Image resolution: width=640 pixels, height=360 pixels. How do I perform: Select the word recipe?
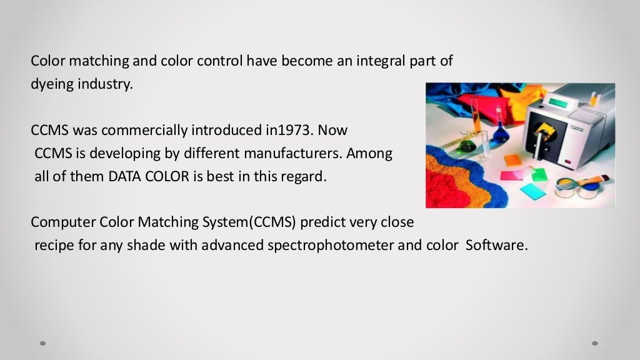click(53, 245)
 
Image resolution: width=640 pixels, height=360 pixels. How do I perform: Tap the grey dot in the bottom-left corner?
click(43, 342)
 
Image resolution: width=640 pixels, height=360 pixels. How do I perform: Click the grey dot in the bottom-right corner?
click(595, 342)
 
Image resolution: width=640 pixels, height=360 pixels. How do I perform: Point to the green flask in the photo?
click(466, 146)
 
